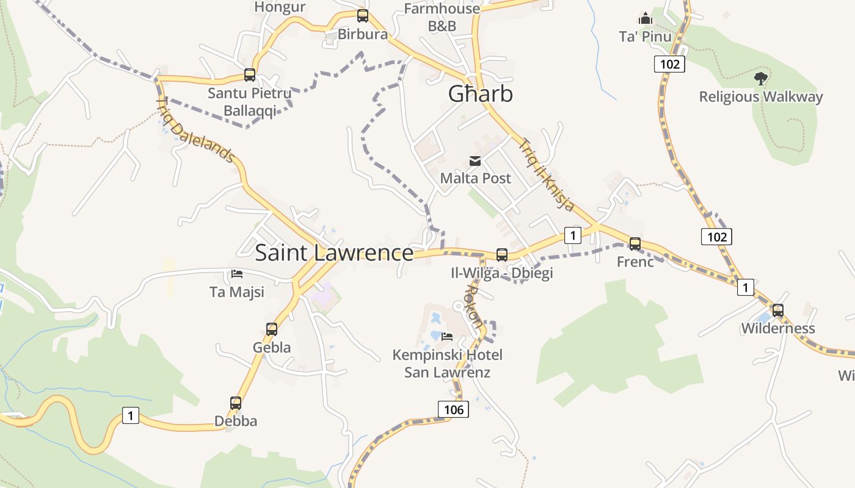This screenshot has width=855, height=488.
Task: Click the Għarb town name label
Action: tap(480, 94)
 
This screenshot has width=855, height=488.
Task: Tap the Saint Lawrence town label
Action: tap(334, 253)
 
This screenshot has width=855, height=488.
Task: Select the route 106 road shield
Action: tap(454, 409)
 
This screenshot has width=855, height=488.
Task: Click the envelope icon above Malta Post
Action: tap(475, 161)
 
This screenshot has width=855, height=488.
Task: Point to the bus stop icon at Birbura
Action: tap(363, 16)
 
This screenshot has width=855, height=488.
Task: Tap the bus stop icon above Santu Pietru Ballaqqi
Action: tap(250, 75)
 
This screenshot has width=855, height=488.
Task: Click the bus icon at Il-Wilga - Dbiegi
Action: tap(502, 254)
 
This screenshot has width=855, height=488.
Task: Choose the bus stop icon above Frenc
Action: tap(635, 244)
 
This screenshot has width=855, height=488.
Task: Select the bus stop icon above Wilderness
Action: tap(778, 310)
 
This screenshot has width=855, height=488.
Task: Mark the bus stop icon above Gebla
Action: tap(272, 329)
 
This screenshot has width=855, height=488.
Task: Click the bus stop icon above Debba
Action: tap(236, 403)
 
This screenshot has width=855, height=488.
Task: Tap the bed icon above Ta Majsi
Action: tap(237, 274)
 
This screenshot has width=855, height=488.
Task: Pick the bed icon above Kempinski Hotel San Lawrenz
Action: tap(447, 336)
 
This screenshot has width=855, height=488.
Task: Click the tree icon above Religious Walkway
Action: tap(760, 78)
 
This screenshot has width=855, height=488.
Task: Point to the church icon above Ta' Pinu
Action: tap(646, 18)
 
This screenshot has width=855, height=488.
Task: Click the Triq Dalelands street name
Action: tap(195, 129)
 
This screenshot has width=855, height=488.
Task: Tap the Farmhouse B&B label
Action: tap(442, 17)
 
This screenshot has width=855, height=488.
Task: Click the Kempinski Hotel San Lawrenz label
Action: tap(447, 363)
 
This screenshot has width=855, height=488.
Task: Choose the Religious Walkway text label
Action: tap(761, 97)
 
